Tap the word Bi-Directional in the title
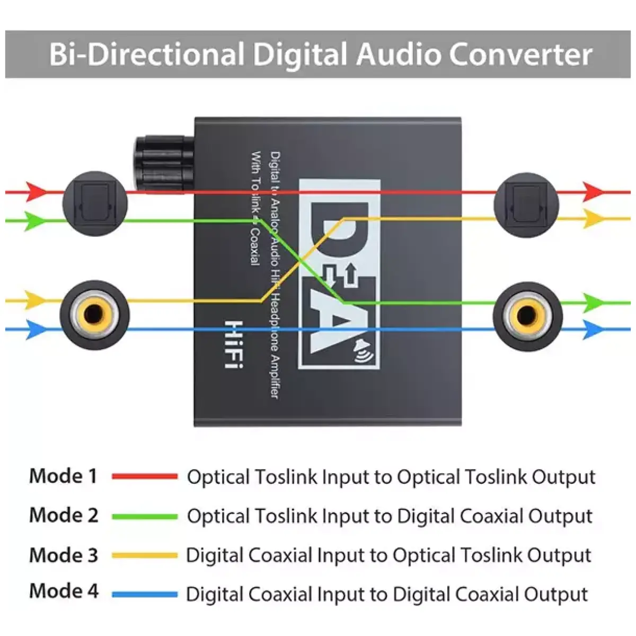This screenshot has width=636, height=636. pyautogui.click(x=146, y=55)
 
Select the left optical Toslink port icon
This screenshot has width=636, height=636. pyautogui.click(x=95, y=204)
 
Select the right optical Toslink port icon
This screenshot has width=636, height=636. pyautogui.click(x=526, y=205)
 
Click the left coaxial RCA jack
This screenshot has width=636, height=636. pyautogui.click(x=94, y=315)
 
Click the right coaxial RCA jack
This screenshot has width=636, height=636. pyautogui.click(x=527, y=316)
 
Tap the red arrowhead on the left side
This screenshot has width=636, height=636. pyautogui.click(x=36, y=191)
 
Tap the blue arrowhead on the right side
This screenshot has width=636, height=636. pyautogui.click(x=593, y=329)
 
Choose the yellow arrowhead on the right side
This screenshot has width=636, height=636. pyautogui.click(x=593, y=218)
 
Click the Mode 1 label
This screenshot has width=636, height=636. pyautogui.click(x=64, y=476)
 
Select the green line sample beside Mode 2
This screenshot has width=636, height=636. pyautogui.click(x=145, y=516)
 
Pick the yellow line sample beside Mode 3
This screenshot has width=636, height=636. pyautogui.click(x=145, y=555)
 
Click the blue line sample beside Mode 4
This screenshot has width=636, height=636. pyautogui.click(x=145, y=595)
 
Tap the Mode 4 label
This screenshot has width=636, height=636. pyautogui.click(x=64, y=591)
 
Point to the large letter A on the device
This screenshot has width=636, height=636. pyautogui.click(x=339, y=323)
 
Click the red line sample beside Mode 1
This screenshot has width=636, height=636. pyautogui.click(x=145, y=476)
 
